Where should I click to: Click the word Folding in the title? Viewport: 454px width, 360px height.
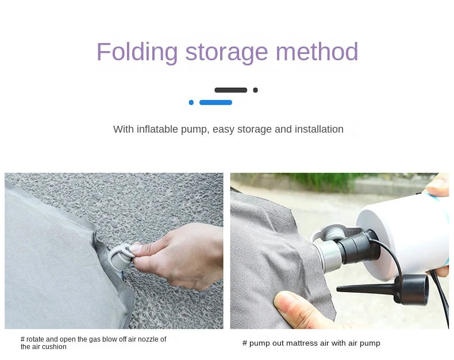tap(137, 52)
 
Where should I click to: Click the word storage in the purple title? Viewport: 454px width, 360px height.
tap(226, 53)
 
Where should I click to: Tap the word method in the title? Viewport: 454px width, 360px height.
tap(317, 52)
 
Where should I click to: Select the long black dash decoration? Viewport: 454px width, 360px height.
tap(231, 90)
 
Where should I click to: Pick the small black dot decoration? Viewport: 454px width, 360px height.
tap(255, 90)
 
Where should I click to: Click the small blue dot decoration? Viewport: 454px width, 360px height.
tap(191, 102)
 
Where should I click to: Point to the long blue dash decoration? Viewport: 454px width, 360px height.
tap(216, 102)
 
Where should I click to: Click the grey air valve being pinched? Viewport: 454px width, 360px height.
tap(120, 257)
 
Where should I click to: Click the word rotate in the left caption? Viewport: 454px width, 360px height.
tap(35, 339)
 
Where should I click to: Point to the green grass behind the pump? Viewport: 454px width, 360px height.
tap(327, 181)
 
